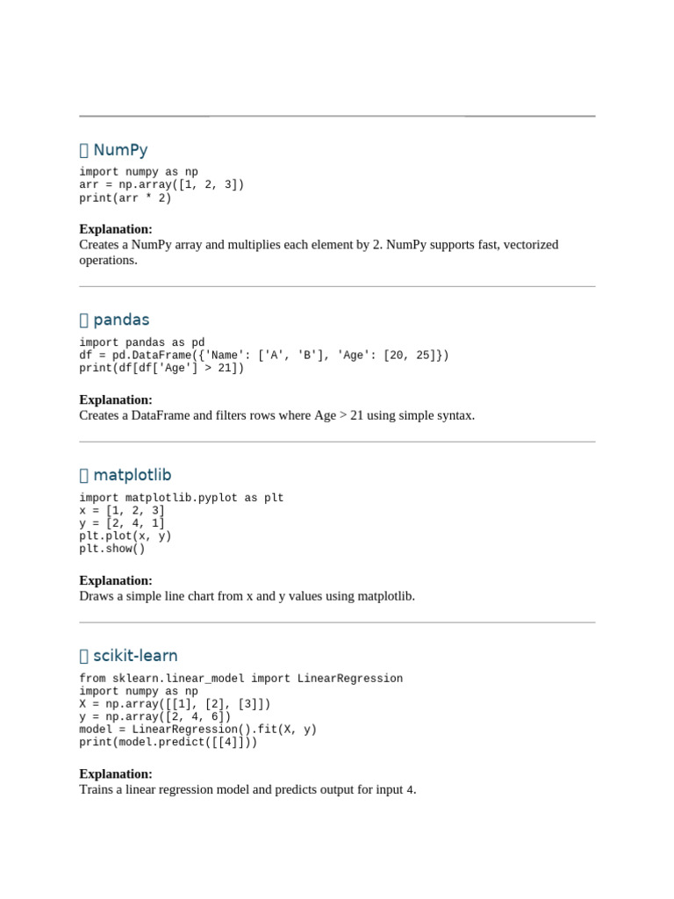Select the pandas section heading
pos(121,320)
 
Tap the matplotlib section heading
pos(133,475)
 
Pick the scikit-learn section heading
pos(135,655)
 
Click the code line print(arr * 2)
pos(125,198)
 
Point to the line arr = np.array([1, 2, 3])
pos(161,184)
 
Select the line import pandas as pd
pos(142,342)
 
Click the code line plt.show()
pos(112,549)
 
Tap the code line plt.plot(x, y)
pos(125,536)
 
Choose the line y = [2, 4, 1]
pos(122,523)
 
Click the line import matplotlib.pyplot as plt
pos(182,498)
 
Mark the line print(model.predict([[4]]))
pos(168,742)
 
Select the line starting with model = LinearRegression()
pos(197,729)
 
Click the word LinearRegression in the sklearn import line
pos(350,679)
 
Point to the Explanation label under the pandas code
pos(116,399)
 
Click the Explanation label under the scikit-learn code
pos(116,773)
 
